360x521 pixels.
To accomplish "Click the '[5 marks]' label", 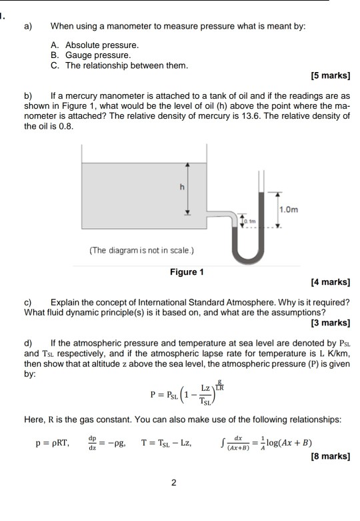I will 330,77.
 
